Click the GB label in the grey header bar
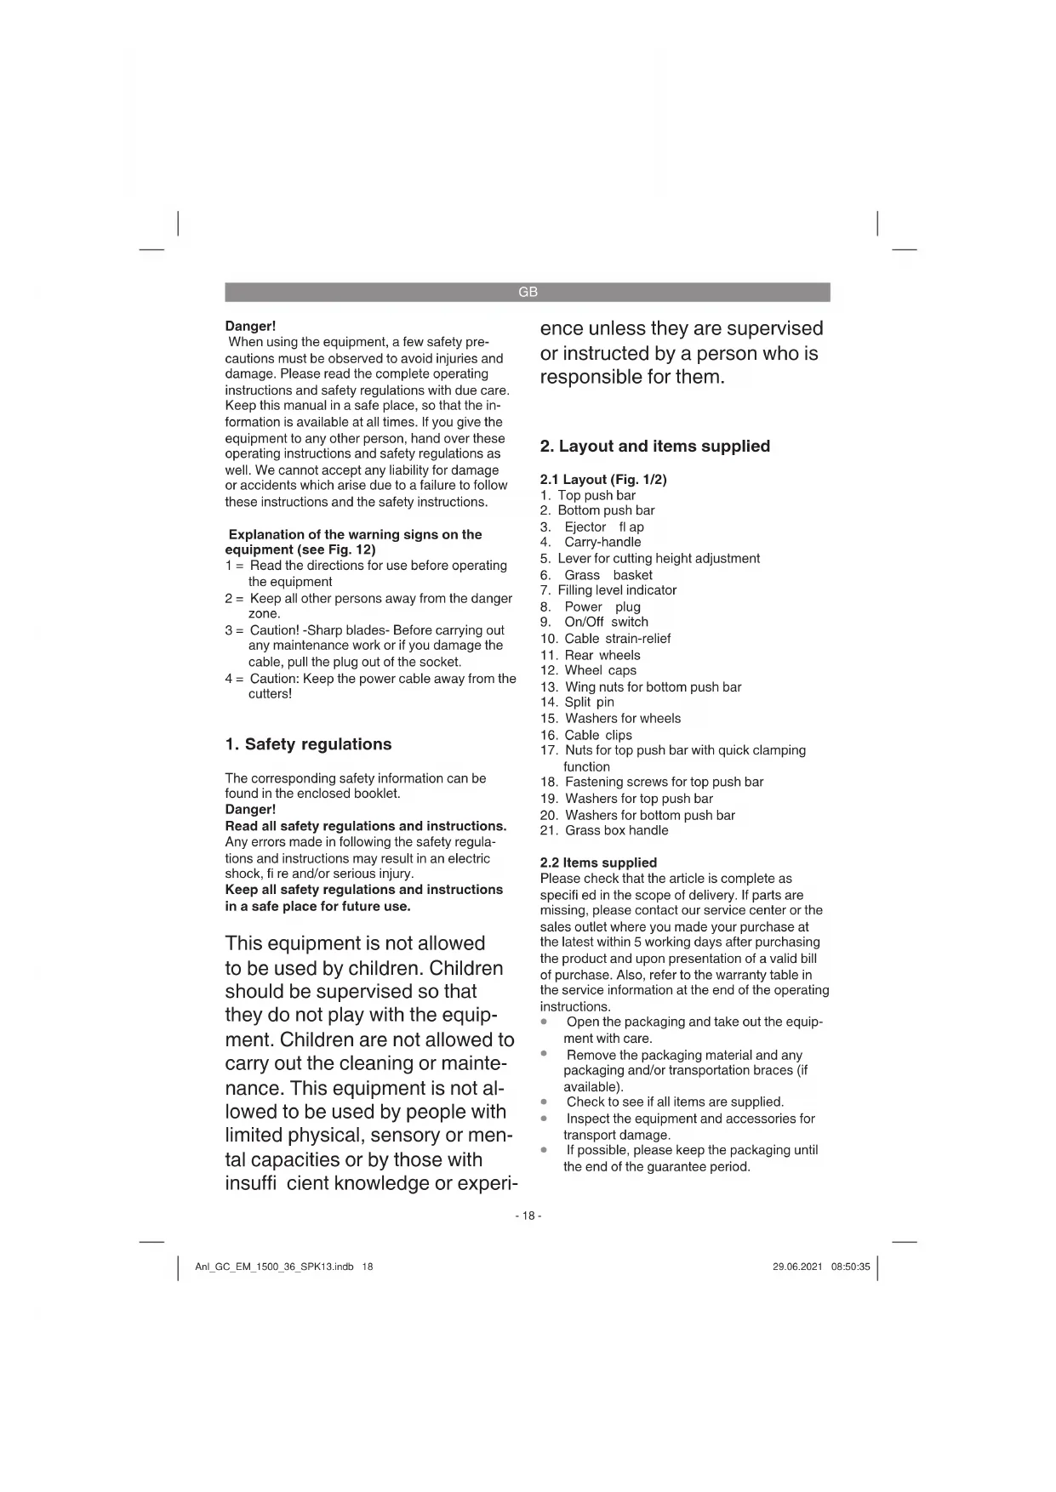(x=528, y=292)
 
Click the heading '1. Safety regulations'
(x=308, y=744)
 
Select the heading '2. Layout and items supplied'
(x=654, y=447)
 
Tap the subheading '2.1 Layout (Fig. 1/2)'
(x=603, y=480)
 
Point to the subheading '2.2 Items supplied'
(x=598, y=863)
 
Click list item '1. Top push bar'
(x=588, y=495)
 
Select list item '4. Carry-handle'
(x=591, y=543)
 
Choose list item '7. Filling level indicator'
(x=608, y=590)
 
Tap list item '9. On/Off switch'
(x=594, y=622)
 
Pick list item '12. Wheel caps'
(x=588, y=670)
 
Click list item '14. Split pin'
(x=577, y=703)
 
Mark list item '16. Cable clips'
(x=586, y=735)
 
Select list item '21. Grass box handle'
(x=604, y=830)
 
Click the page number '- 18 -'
(x=528, y=1216)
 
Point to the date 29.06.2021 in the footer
(x=797, y=1267)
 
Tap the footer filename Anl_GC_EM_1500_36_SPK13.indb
(x=274, y=1267)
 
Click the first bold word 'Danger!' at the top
(x=250, y=327)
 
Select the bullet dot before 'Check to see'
(x=544, y=1102)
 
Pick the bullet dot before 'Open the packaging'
(x=544, y=1021)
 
